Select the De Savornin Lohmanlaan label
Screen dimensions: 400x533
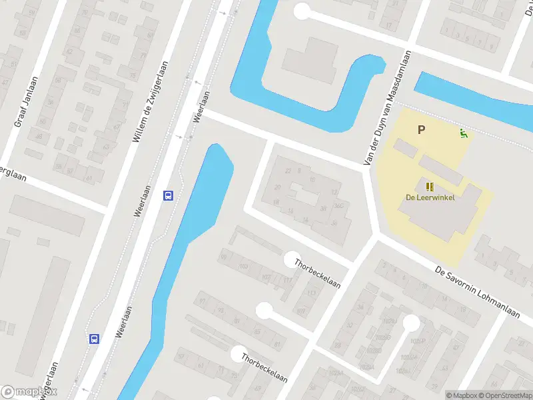476,291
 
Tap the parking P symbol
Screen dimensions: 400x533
421,130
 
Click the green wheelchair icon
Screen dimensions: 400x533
463,133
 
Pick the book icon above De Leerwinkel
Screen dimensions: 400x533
429,187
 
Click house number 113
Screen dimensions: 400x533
311,293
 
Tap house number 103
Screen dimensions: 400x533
243,266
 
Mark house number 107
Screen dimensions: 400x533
266,277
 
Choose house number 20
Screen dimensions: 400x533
277,187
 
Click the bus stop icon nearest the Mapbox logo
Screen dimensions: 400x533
95,339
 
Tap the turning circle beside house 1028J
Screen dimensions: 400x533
411,323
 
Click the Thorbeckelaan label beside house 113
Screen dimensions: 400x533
318,274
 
